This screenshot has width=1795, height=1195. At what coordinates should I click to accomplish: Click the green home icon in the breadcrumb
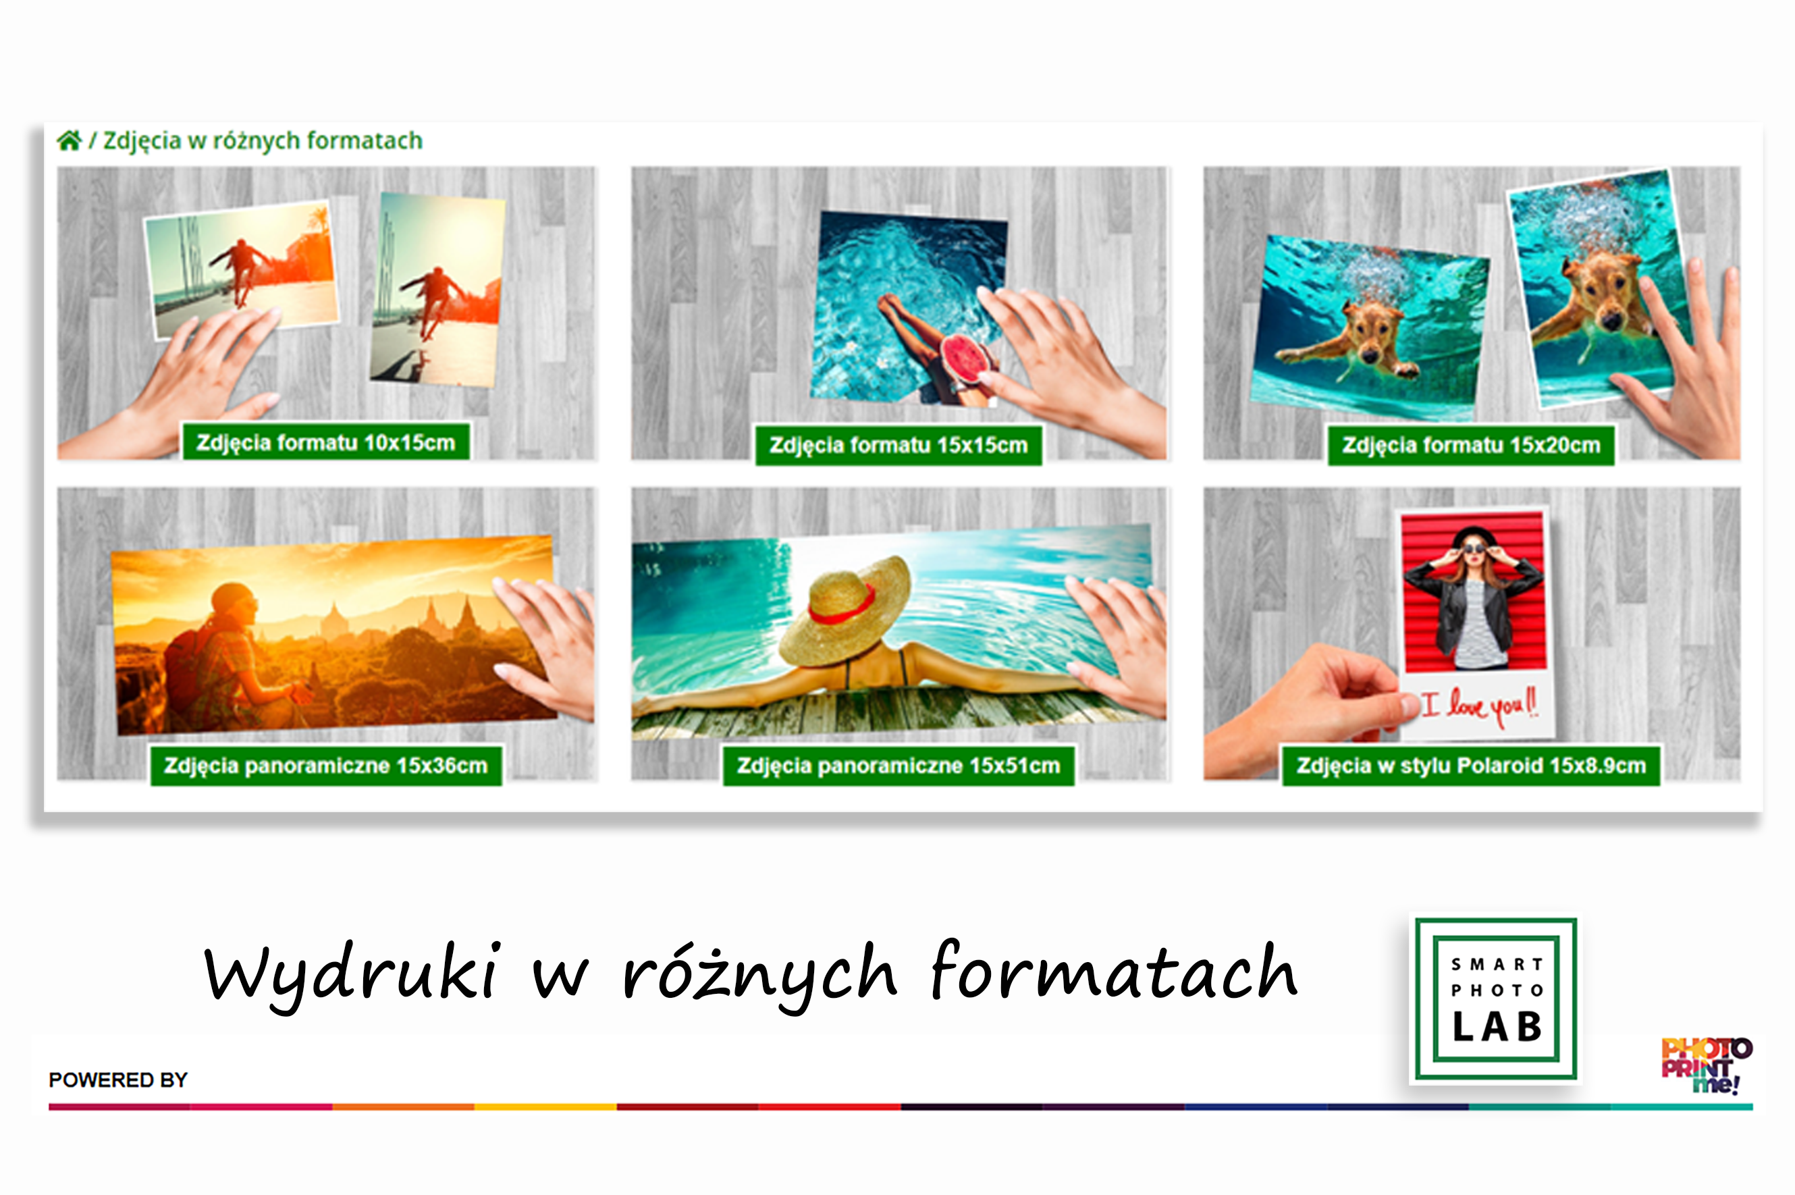click(70, 141)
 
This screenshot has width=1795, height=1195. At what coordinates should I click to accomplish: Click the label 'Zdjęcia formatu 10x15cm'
click(325, 442)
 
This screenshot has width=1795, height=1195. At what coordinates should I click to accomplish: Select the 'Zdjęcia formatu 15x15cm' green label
click(899, 445)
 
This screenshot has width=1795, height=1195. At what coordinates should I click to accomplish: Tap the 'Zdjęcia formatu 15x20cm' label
click(1471, 445)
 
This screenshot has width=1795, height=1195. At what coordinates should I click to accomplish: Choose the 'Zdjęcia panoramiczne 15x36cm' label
click(326, 765)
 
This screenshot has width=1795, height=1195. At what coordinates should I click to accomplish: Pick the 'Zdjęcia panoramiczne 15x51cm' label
click(899, 765)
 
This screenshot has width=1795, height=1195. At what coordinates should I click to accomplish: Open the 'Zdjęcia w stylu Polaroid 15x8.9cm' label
click(1471, 765)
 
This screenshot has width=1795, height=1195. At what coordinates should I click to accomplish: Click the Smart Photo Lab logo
click(1495, 999)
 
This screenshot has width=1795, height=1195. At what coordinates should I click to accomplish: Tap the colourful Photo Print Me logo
click(1706, 1065)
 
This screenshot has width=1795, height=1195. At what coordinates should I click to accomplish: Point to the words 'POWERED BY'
click(118, 1080)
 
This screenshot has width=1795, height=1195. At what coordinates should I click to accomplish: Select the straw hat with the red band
click(844, 612)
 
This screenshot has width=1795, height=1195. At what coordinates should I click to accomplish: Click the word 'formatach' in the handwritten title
click(1114, 970)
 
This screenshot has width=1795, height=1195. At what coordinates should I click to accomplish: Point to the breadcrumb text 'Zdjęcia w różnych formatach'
click(263, 141)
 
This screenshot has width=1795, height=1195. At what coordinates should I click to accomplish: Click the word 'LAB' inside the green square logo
click(1497, 1028)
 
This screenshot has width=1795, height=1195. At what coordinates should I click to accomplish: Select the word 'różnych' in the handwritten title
click(759, 976)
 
